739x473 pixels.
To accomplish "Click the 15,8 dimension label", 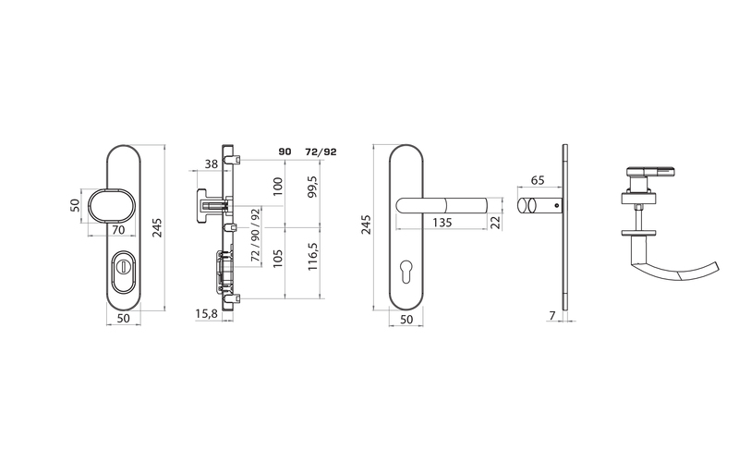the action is pyautogui.click(x=206, y=314).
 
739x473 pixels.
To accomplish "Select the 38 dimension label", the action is pyautogui.click(x=212, y=164).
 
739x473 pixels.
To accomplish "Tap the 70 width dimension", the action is pyautogui.click(x=118, y=229).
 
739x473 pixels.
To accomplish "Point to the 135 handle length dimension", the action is pyautogui.click(x=442, y=222).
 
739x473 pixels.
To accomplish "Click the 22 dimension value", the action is pyautogui.click(x=495, y=222).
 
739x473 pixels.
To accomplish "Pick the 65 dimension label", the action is pyautogui.click(x=538, y=180).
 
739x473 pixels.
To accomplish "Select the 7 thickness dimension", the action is pyautogui.click(x=552, y=315).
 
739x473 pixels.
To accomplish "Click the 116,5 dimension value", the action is pyautogui.click(x=313, y=257).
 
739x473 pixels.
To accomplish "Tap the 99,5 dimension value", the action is pyautogui.click(x=313, y=187).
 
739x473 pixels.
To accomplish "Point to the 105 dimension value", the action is pyautogui.click(x=278, y=259).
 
